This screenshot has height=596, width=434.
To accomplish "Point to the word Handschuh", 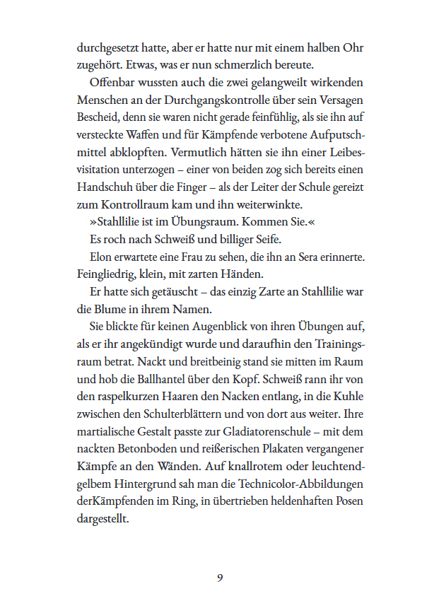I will pos(105,187).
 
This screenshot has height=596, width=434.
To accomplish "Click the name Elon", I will pos(100,256).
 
